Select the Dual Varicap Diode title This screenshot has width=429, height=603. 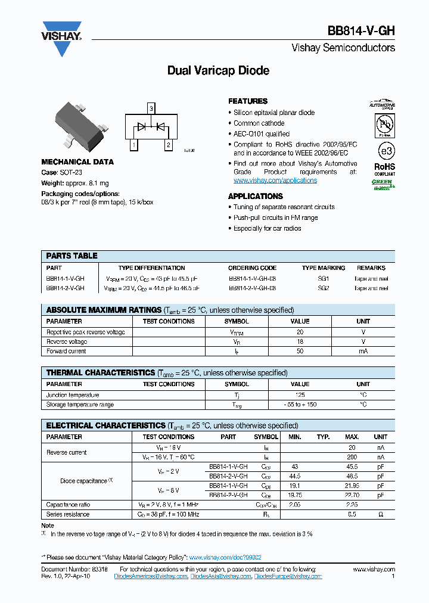pos(218,71)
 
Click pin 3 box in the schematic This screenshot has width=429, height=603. pos(151,108)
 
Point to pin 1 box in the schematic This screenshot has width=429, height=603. pos(133,145)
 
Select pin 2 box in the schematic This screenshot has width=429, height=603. pos(169,145)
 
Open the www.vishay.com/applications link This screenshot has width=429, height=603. pos(275,181)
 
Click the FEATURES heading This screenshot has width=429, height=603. pos(248,101)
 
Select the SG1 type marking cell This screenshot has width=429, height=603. pos(323,278)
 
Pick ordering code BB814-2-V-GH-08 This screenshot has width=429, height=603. pos(252,288)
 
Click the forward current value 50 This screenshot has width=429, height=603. pos(300,352)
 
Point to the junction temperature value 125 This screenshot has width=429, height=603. pos(300,395)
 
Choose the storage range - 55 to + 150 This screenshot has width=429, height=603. pos(300,405)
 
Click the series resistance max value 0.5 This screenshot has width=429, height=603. pos(352,514)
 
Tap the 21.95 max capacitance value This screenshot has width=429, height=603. pos(352,486)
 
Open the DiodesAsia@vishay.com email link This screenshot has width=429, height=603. pos(221,577)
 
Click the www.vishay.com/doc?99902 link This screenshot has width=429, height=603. pos(225,557)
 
